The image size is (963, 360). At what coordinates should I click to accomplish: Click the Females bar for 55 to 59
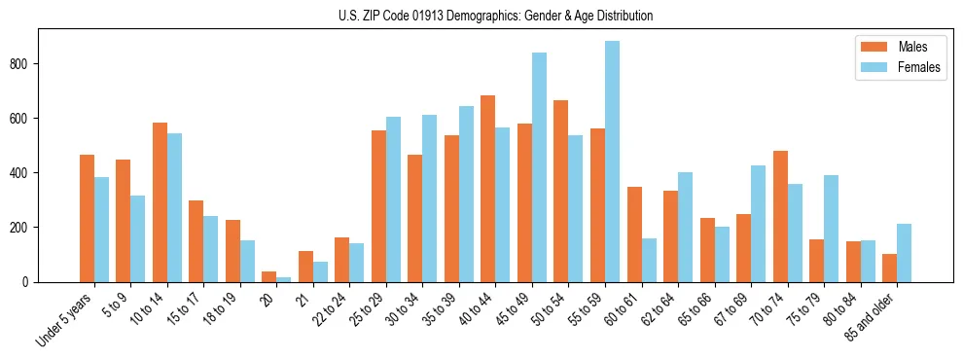[x=612, y=162]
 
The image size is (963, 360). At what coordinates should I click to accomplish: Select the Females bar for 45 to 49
[x=539, y=167]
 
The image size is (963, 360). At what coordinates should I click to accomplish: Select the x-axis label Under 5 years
[x=65, y=318]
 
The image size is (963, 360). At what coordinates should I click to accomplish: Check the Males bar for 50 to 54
[x=561, y=191]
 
